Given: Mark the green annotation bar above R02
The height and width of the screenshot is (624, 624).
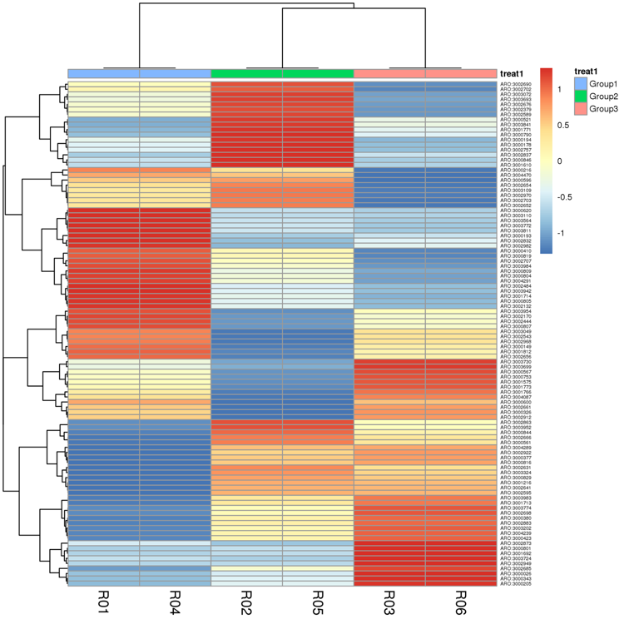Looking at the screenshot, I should pos(246,73).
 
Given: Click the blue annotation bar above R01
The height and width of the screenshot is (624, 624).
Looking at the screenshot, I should pos(103,73).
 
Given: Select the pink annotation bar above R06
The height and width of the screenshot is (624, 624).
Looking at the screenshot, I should pos(461,73).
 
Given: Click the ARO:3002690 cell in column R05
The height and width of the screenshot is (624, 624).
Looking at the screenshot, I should pos(318,84).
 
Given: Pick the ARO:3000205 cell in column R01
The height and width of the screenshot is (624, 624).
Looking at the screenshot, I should pos(103,583).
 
